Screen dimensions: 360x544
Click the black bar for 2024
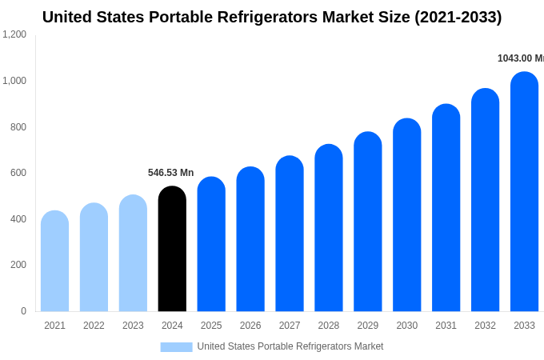click(172, 249)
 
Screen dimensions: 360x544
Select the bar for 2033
click(524, 192)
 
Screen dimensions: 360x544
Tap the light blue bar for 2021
click(54, 262)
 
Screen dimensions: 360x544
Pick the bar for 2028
click(328, 228)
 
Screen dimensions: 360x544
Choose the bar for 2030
click(406, 215)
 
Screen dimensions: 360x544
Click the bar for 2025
click(211, 244)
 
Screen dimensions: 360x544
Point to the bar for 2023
click(133, 254)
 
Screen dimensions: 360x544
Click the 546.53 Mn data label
click(170, 173)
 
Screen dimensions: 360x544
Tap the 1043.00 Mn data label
click(520, 58)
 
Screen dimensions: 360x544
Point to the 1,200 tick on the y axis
click(14, 34)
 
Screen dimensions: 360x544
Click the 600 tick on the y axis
click(18, 173)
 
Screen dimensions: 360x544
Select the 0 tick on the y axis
click(23, 311)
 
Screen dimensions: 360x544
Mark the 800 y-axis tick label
click(18, 126)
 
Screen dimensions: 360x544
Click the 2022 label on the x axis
click(94, 326)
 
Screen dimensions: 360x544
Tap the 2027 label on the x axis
click(290, 326)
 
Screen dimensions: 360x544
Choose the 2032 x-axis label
click(485, 326)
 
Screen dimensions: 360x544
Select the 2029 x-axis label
click(367, 326)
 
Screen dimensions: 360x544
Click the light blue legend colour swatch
click(176, 347)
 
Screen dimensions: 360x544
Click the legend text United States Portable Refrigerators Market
click(290, 346)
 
